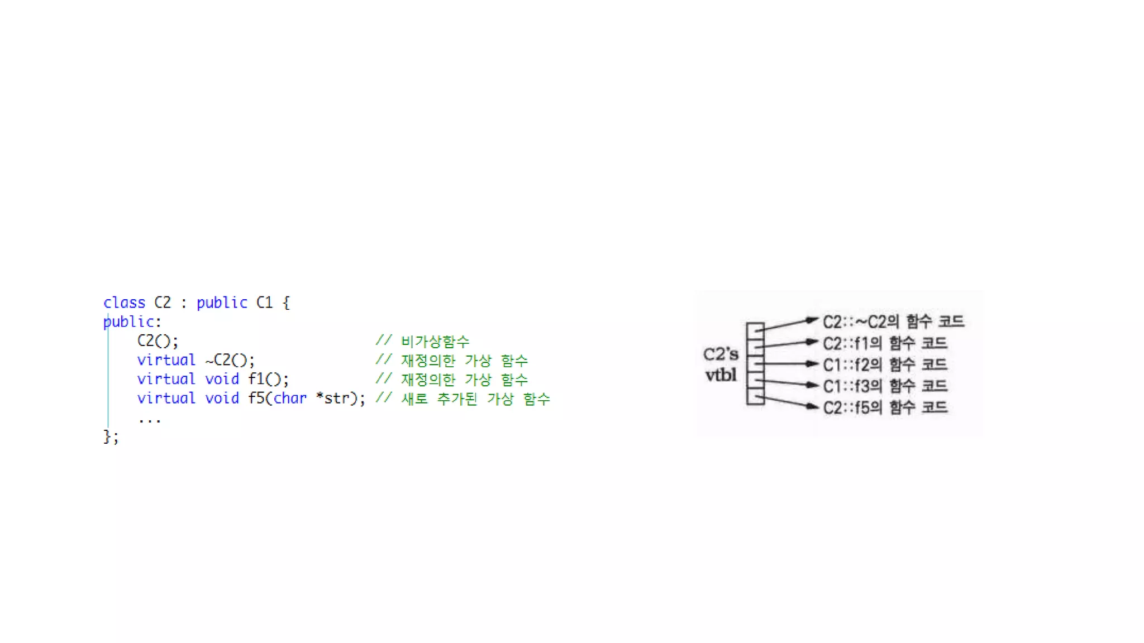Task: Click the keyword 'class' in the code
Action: [124, 303]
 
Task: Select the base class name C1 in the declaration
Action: [264, 303]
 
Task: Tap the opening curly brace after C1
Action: [286, 303]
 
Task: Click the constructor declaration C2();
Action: [158, 340]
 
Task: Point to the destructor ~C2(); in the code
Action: [230, 360]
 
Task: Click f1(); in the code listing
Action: [268, 379]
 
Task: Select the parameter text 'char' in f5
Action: [290, 398]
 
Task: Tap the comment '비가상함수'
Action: [435, 341]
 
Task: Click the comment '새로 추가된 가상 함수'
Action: [475, 399]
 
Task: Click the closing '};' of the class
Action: [111, 436]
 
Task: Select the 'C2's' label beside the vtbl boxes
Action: [721, 354]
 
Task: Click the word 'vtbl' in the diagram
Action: [721, 375]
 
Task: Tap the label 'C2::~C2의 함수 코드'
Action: [893, 321]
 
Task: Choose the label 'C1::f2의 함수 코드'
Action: [885, 364]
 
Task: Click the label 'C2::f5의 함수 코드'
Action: [885, 407]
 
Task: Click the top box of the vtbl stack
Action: [755, 328]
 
